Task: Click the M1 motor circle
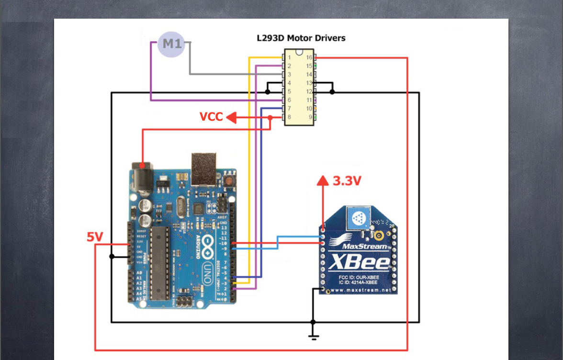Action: (x=172, y=44)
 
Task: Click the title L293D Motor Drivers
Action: (x=301, y=38)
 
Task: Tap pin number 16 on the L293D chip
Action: (x=309, y=57)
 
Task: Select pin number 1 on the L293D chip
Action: (x=290, y=57)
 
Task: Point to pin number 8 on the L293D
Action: (x=290, y=117)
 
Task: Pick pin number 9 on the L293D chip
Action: (x=310, y=117)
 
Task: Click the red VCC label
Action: (x=211, y=117)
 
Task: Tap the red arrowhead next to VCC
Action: (x=231, y=117)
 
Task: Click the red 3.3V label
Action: (x=347, y=181)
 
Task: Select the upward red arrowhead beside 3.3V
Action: (x=323, y=180)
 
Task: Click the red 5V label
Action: (x=95, y=236)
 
